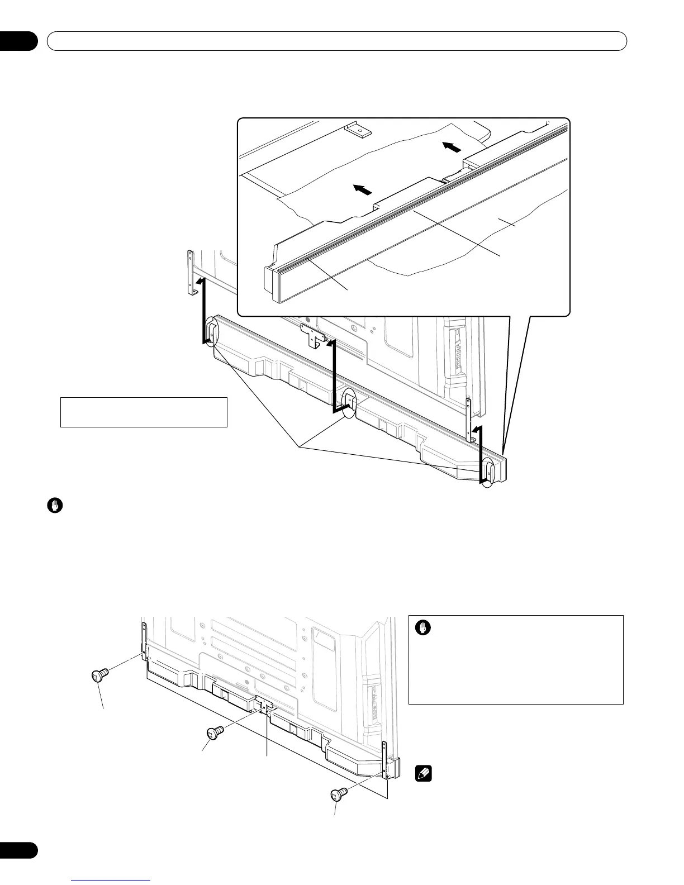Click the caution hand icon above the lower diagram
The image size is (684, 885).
[x=55, y=506]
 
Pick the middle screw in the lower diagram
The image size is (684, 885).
[x=215, y=732]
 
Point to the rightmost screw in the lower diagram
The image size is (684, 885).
[x=339, y=793]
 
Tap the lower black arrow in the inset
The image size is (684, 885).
[x=363, y=190]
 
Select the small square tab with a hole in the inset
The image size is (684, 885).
[x=358, y=130]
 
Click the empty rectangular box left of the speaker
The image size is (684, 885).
[x=144, y=412]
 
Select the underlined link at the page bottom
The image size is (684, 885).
[x=112, y=881]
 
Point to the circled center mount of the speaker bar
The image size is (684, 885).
[x=349, y=401]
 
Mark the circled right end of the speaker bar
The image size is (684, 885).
[x=488, y=472]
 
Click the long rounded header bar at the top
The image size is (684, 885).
[x=337, y=41]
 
